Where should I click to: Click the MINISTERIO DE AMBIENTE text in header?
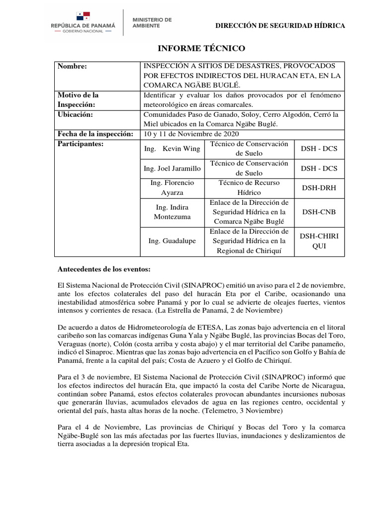pyautogui.click(x=151, y=22)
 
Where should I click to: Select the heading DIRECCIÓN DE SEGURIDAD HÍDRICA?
pyautogui.click(x=280, y=26)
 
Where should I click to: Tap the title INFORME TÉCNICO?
pyautogui.click(x=201, y=49)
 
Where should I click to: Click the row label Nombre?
pyautogui.click(x=72, y=66)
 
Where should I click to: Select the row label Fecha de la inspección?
pyautogui.click(x=95, y=134)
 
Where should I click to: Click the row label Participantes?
pyautogui.click(x=80, y=144)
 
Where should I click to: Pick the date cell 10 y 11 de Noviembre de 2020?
pyautogui.click(x=191, y=134)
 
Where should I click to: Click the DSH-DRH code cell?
pyautogui.click(x=318, y=187)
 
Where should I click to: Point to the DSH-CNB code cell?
pyautogui.click(x=318, y=212)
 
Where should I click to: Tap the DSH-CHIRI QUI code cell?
pyautogui.click(x=318, y=241)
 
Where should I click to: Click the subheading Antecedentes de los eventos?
pyautogui.click(x=104, y=269)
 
